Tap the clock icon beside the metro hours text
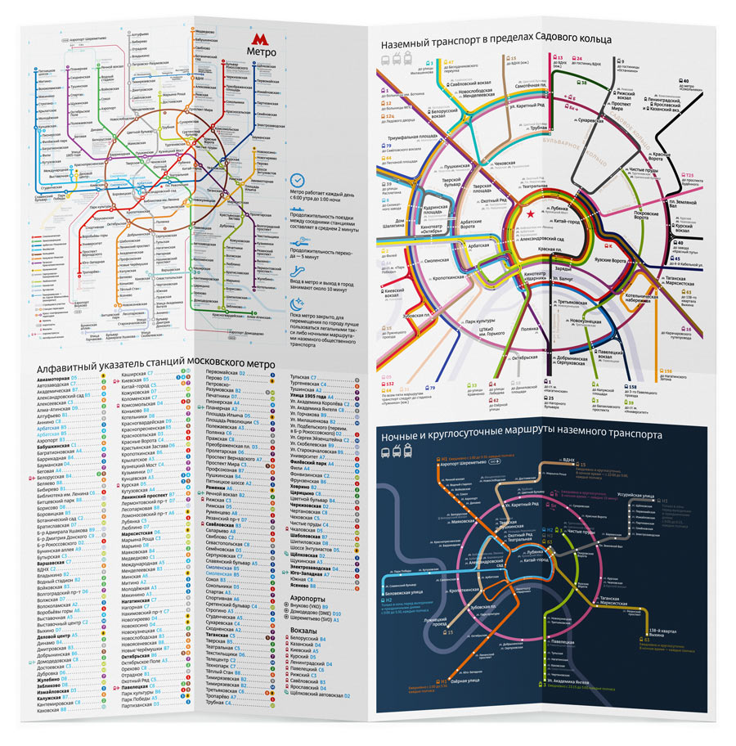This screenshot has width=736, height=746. [x=298, y=180]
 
